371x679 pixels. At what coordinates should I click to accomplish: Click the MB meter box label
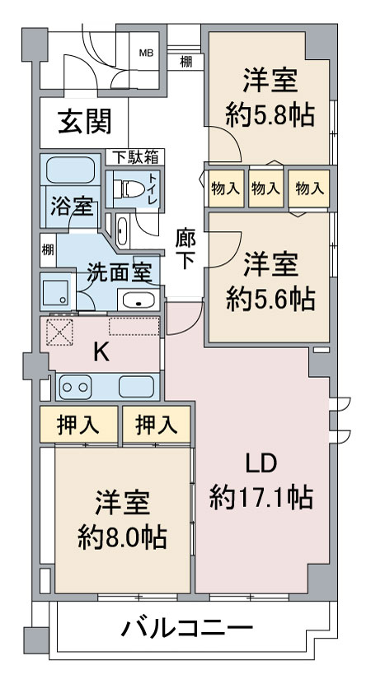[146, 53]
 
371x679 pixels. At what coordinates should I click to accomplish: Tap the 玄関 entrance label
[85, 121]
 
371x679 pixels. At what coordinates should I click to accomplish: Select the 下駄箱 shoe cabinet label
[135, 156]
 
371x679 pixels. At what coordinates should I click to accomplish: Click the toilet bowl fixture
[129, 188]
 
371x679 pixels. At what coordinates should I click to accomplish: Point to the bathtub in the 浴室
[70, 170]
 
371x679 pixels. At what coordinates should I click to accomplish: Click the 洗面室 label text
[119, 272]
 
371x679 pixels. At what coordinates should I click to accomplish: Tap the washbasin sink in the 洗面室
[139, 300]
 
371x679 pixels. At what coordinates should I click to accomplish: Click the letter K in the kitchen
[101, 354]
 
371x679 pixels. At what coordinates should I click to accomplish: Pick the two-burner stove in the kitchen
[75, 386]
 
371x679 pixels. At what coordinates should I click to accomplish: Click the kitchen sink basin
[136, 386]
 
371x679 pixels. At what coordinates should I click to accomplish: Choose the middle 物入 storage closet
[265, 188]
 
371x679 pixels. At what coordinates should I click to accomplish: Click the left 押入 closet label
[77, 426]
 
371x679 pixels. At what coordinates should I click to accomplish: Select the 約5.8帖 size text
[270, 115]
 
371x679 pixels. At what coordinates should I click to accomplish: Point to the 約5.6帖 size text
[270, 299]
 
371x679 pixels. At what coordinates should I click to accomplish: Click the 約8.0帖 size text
[122, 537]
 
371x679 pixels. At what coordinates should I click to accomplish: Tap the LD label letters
[261, 465]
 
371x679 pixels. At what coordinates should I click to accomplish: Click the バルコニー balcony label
[187, 628]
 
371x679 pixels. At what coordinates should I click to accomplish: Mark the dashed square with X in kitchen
[59, 333]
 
